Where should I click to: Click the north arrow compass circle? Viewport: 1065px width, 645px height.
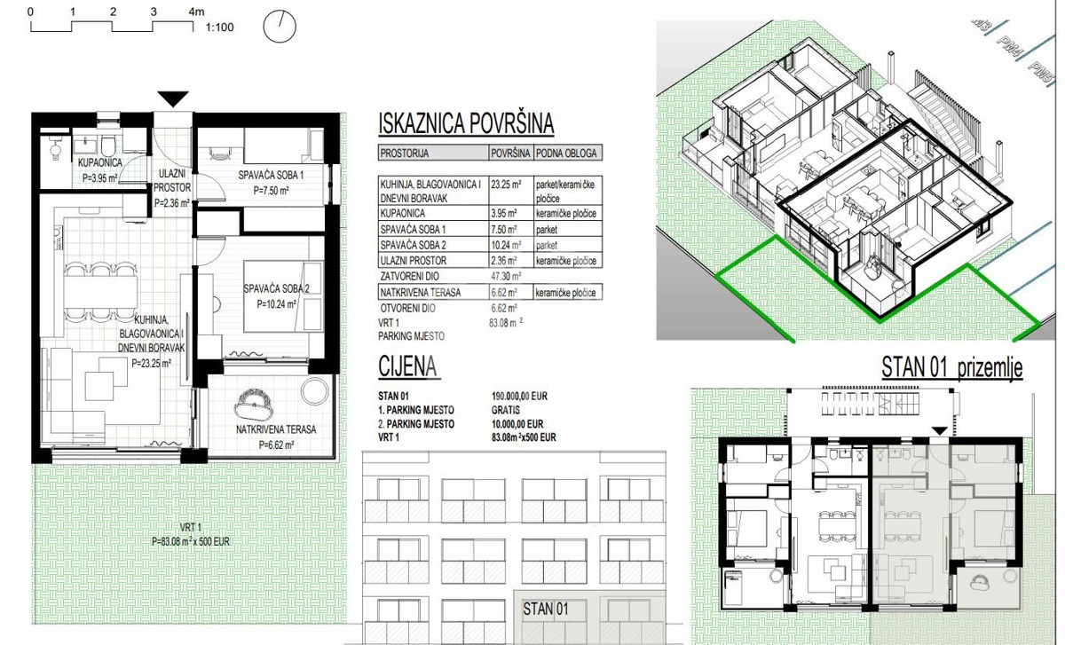coord(280,27)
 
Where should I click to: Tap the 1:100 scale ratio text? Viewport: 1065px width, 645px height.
coord(219,28)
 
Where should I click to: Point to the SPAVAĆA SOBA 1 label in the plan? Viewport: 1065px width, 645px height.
coord(272,176)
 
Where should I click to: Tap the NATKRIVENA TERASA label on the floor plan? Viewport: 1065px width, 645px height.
coord(276,429)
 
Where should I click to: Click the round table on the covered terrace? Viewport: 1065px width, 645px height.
coord(314,390)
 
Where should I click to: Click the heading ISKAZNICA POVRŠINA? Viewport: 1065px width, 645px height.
coord(466,124)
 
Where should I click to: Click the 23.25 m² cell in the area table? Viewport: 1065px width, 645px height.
coord(506,185)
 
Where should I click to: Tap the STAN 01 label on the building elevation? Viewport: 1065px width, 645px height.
coord(545,610)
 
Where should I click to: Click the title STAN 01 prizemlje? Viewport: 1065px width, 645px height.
coord(951,368)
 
